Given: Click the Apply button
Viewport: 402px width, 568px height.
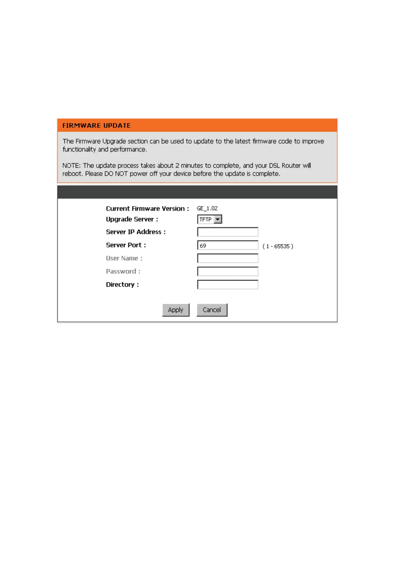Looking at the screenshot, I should pos(176,310).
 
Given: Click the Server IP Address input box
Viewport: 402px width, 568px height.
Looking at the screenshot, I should pos(228,232).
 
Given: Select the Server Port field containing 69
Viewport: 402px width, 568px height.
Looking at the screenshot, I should pos(228,246).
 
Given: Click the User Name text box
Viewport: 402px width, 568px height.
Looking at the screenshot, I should pos(228,258).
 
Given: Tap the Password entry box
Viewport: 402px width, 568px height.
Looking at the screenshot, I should pos(228,272).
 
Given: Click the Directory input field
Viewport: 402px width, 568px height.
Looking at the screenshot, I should pos(228,285).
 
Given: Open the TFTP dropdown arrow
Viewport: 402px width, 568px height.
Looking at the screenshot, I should pos(218,220).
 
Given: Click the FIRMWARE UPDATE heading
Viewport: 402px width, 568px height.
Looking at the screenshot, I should pos(96,125).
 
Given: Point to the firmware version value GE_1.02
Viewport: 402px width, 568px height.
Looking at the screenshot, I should pos(207,208).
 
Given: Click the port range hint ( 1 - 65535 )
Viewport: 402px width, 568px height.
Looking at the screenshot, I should pos(277,246).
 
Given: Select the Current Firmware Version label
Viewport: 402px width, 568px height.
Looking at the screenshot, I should pos(147,208).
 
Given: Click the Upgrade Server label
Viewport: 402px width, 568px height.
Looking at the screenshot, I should pos(132,219).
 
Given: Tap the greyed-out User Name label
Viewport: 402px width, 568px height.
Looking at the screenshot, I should pos(124,258).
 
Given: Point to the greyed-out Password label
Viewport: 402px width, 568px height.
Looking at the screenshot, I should pos(123,272).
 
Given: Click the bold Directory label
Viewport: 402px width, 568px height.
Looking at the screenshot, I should pos(122,285).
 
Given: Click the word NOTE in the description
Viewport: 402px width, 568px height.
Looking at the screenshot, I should pos(71,166).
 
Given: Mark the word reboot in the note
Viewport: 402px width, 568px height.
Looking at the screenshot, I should pos(72,174).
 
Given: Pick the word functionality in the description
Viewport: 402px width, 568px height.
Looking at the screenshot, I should pos(79,149).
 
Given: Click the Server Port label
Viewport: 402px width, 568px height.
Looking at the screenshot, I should pos(126,245).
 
